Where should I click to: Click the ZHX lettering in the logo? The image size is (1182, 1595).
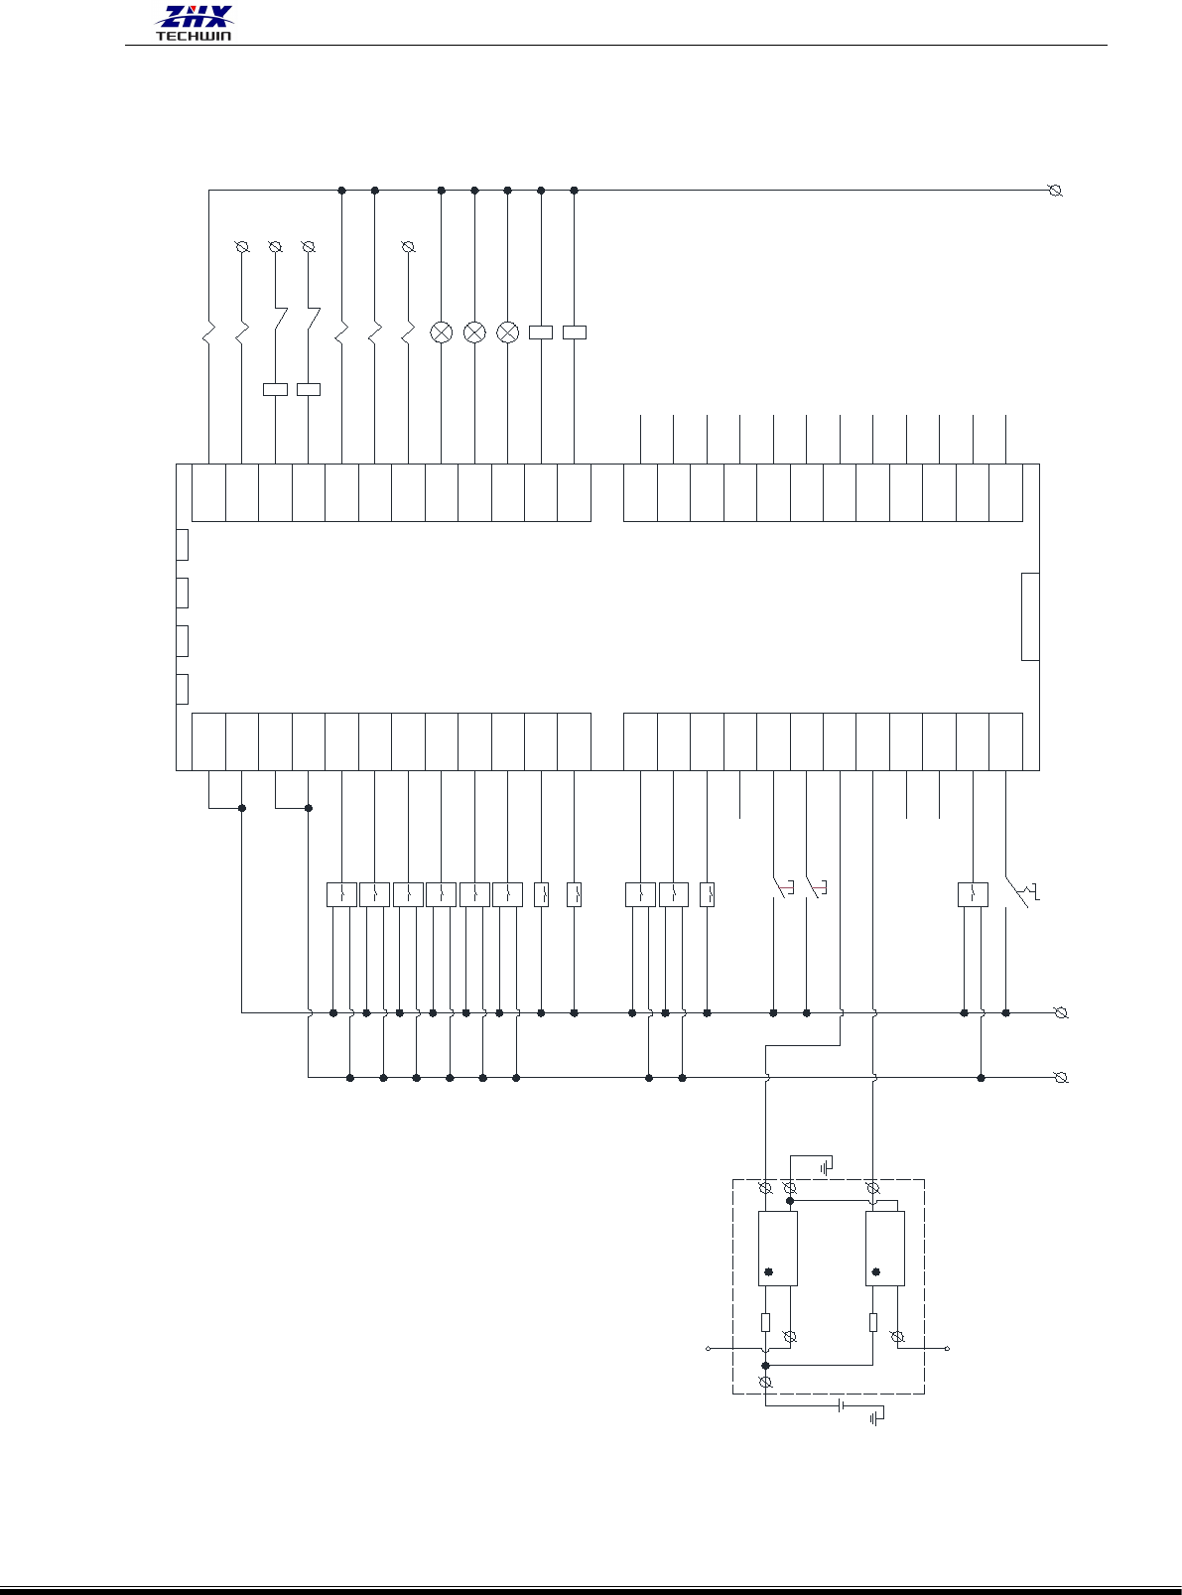[195, 17]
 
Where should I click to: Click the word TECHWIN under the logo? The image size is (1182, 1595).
[194, 37]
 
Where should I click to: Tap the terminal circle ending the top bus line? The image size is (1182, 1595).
[1056, 191]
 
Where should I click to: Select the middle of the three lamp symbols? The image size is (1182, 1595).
[474, 332]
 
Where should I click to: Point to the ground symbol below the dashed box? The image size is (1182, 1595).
[876, 1419]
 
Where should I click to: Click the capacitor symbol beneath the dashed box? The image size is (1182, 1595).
[842, 1405]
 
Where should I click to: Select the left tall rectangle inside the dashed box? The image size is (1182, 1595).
[777, 1249]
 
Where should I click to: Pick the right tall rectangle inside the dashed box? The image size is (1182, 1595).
[884, 1249]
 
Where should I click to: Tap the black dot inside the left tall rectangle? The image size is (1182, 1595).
[768, 1271]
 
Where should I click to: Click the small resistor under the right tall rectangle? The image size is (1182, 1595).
[873, 1322]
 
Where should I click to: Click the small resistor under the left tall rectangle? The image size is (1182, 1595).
[765, 1322]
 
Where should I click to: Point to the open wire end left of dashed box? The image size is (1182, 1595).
[708, 1349]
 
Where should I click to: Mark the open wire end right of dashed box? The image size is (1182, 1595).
[947, 1349]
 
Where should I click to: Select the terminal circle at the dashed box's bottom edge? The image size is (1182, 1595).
[765, 1383]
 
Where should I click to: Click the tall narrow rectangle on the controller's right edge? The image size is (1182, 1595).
[1030, 616]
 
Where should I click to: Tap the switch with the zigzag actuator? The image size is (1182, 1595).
[1020, 891]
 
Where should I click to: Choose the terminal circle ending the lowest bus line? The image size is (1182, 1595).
[1061, 1078]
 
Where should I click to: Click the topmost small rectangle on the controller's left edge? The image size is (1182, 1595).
[182, 545]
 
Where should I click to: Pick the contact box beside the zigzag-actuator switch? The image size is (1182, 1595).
[973, 894]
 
